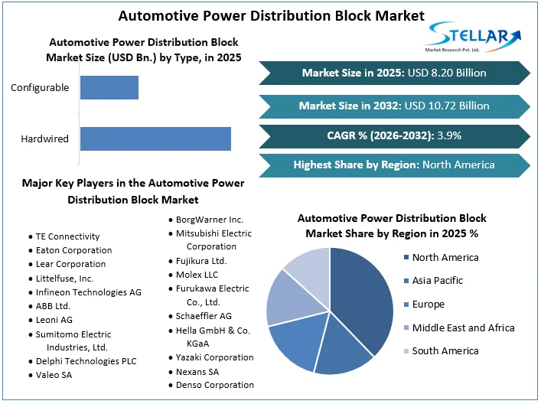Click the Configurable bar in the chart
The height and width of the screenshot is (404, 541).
pyautogui.click(x=109, y=87)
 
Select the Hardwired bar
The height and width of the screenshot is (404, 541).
pyautogui.click(x=155, y=138)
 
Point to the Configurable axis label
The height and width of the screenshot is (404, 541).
pyautogui.click(x=40, y=87)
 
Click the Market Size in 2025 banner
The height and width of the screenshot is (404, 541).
pyautogui.click(x=394, y=73)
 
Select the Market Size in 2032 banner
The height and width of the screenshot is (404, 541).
pyautogui.click(x=394, y=106)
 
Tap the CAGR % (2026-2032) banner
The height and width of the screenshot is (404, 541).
pyautogui.click(x=394, y=135)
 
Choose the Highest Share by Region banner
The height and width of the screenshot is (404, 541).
pyautogui.click(x=394, y=165)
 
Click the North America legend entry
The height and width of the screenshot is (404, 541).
pyautogui.click(x=445, y=257)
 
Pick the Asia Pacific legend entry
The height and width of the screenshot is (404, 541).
pyautogui.click(x=437, y=281)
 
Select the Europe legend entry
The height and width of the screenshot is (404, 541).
pyautogui.click(x=428, y=305)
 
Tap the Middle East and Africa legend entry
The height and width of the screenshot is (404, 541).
pyautogui.click(x=462, y=327)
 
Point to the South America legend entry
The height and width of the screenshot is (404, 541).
pyautogui.click(x=445, y=351)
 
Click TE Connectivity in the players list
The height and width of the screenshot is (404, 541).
pyautogui.click(x=67, y=236)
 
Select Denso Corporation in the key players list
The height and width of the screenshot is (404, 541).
pyautogui.click(x=214, y=385)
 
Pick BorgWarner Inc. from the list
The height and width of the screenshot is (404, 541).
pyautogui.click(x=209, y=220)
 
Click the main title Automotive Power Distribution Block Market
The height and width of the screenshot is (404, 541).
pyautogui.click(x=272, y=15)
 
